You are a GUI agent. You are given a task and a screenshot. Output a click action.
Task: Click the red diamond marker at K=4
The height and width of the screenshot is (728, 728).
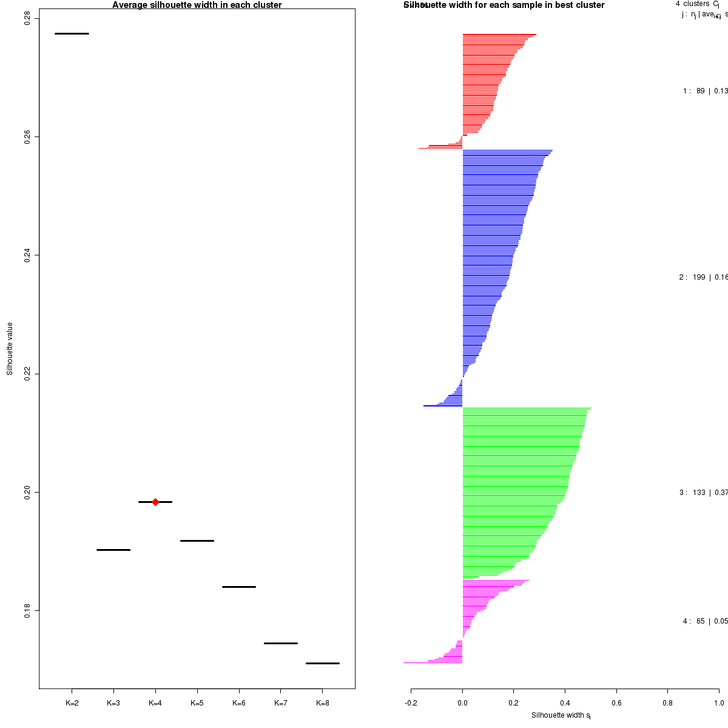pos(155,502)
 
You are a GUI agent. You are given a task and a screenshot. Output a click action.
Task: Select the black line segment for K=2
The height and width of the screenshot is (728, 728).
pos(72,33)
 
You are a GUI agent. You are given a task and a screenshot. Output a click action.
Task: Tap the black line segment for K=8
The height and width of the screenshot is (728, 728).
pos(322,663)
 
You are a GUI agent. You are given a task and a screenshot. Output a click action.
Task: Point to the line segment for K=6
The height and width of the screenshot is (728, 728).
pos(239,587)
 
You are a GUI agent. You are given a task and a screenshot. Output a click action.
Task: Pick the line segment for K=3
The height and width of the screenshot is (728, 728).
pos(113,550)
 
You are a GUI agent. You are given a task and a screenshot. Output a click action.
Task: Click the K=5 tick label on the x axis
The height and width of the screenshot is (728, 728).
pos(197,703)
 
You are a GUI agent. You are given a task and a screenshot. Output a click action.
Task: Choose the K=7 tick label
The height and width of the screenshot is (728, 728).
pos(280,703)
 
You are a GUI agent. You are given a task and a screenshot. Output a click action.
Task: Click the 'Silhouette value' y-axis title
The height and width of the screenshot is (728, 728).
pos(10,349)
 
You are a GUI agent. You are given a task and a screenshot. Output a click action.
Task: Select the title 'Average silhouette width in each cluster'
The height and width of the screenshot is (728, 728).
pos(197,5)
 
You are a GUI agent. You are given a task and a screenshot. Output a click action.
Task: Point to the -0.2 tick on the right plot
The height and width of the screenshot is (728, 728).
pos(411,703)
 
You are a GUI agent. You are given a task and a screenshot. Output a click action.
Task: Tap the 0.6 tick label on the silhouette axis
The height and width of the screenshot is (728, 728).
pos(616,703)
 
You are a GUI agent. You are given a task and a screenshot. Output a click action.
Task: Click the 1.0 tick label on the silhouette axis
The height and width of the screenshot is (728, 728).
pos(719,703)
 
